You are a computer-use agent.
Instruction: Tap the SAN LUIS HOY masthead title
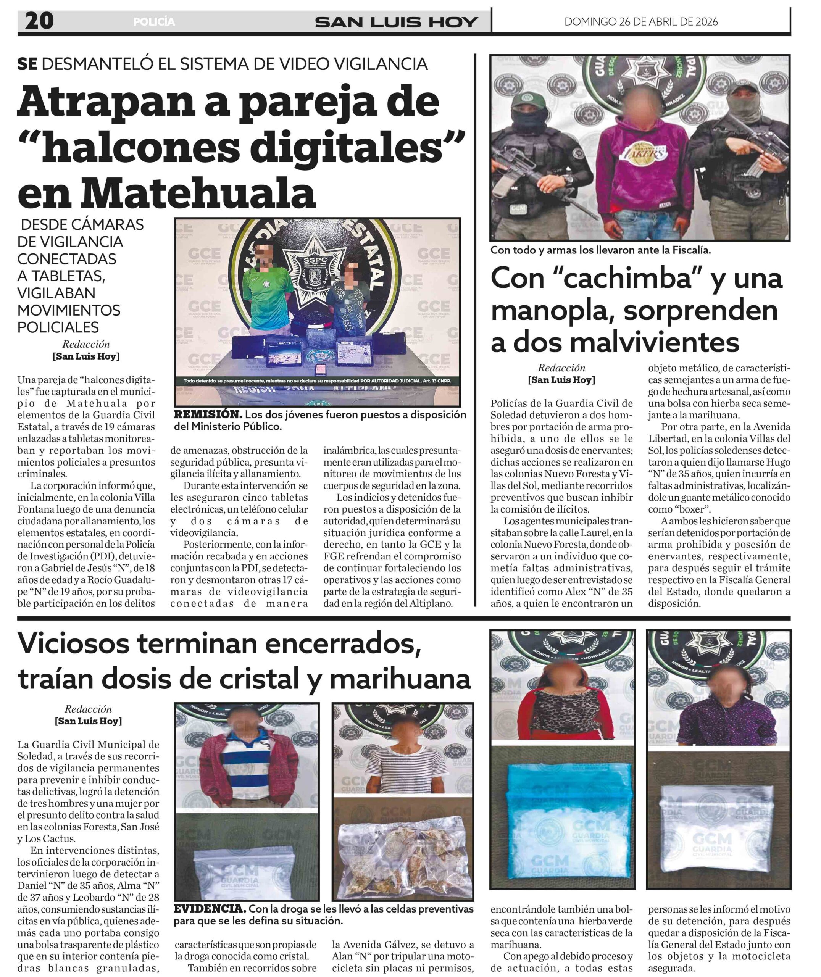396,22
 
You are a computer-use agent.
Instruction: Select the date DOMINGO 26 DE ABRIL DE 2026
640,21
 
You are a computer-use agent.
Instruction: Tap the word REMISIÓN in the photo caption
208,414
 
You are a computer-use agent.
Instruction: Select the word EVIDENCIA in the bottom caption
210,909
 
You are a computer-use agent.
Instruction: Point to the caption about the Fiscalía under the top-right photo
600,250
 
